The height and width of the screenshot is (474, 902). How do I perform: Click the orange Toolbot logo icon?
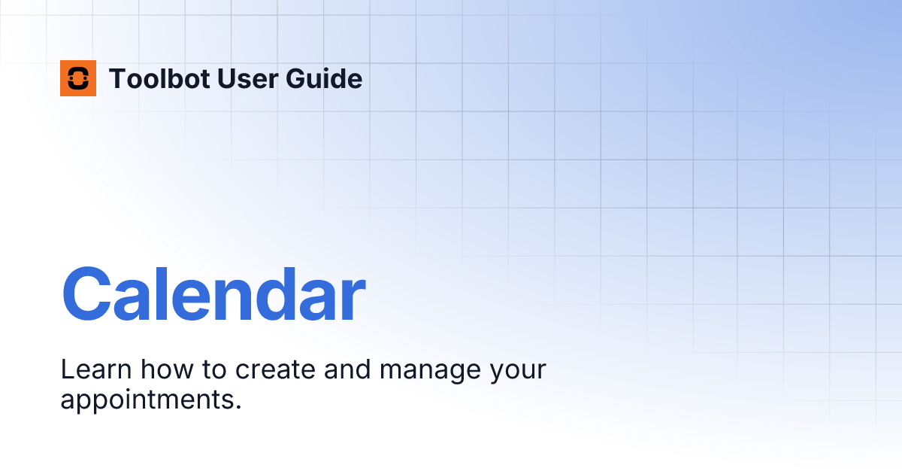[78, 78]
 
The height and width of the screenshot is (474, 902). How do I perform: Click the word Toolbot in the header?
[159, 78]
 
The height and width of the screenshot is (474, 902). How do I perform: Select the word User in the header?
[247, 78]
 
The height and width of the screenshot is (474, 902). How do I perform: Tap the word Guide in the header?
[324, 78]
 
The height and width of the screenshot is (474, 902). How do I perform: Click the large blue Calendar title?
[213, 294]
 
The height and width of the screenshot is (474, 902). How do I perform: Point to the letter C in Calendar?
[86, 295]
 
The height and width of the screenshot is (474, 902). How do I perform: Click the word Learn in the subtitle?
[96, 369]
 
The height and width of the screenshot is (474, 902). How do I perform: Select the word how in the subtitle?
[167, 369]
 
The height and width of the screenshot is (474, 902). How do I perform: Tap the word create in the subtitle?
[275, 369]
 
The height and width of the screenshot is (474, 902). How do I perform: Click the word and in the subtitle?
[347, 369]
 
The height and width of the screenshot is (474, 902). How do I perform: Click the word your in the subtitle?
[518, 372]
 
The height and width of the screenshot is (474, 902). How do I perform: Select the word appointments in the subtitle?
[147, 400]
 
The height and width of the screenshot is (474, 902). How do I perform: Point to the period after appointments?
[238, 407]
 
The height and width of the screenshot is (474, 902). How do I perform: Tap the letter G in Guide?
[295, 78]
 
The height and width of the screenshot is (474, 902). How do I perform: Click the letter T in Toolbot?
[119, 78]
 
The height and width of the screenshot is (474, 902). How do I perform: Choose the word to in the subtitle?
[214, 369]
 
